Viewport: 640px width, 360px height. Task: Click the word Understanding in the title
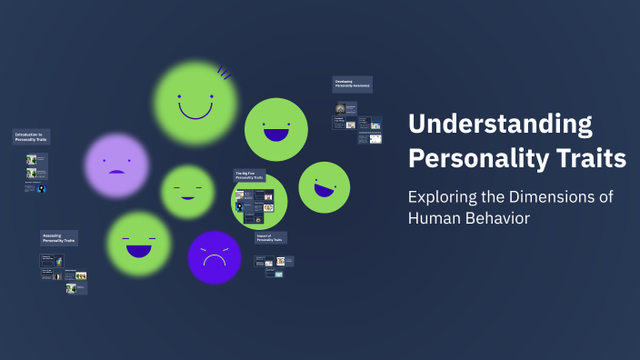(499, 125)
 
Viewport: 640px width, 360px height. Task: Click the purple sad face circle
(116, 165)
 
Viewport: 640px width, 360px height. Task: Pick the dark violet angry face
(214, 256)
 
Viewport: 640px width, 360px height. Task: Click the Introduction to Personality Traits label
(31, 136)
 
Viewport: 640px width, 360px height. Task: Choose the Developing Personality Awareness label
(352, 84)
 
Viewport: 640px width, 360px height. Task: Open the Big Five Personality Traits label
(249, 175)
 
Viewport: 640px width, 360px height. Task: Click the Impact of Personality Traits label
(270, 237)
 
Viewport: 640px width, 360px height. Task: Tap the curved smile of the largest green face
(195, 111)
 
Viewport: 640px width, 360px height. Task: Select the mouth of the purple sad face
(116, 171)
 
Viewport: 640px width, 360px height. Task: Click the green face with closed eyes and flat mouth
(188, 192)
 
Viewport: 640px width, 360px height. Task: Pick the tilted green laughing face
(324, 186)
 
